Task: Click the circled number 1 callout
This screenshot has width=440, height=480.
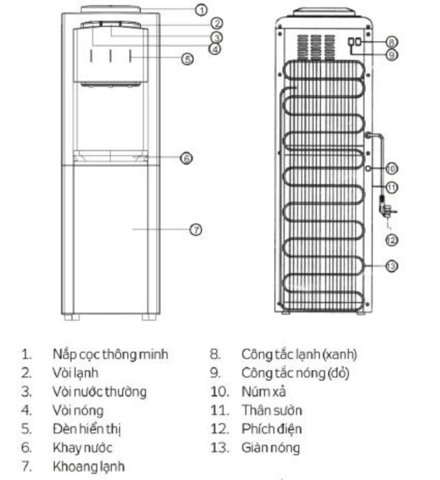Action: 201,10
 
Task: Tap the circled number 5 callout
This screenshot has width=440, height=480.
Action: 187,59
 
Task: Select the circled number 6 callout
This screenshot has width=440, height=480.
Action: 186,158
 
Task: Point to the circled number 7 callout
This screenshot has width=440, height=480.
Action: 196,230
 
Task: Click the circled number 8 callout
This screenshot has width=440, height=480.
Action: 391,42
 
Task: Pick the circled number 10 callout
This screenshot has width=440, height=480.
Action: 391,169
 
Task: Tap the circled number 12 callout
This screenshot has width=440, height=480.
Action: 391,240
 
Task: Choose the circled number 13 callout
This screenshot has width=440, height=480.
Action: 391,266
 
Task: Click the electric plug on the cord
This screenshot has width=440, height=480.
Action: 387,211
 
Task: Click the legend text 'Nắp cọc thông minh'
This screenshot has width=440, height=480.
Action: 110,354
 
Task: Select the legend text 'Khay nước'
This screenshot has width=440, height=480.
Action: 82,447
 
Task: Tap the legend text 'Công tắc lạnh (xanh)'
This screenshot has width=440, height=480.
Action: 299,354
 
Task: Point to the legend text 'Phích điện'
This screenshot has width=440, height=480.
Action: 271,429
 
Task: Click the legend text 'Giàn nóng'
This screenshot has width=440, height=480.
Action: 271,448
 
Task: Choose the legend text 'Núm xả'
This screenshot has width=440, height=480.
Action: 263,392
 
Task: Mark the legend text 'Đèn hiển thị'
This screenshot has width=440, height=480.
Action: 87,429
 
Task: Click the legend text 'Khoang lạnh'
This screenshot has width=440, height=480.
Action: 89,467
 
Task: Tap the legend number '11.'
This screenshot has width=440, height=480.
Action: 219,411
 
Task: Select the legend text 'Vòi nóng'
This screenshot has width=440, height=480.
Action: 78,411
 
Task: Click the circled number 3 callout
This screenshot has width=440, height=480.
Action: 216,38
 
